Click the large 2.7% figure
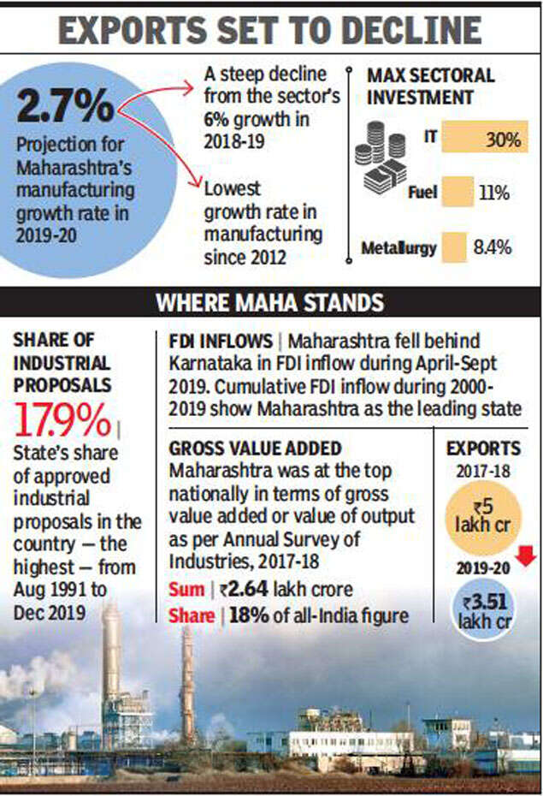tap(65, 105)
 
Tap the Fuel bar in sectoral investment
tap(458, 192)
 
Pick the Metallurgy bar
tap(454, 248)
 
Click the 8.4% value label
tap(492, 248)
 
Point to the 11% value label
tap(493, 193)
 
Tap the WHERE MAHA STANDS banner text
tap(271, 302)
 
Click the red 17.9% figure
tap(62, 420)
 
